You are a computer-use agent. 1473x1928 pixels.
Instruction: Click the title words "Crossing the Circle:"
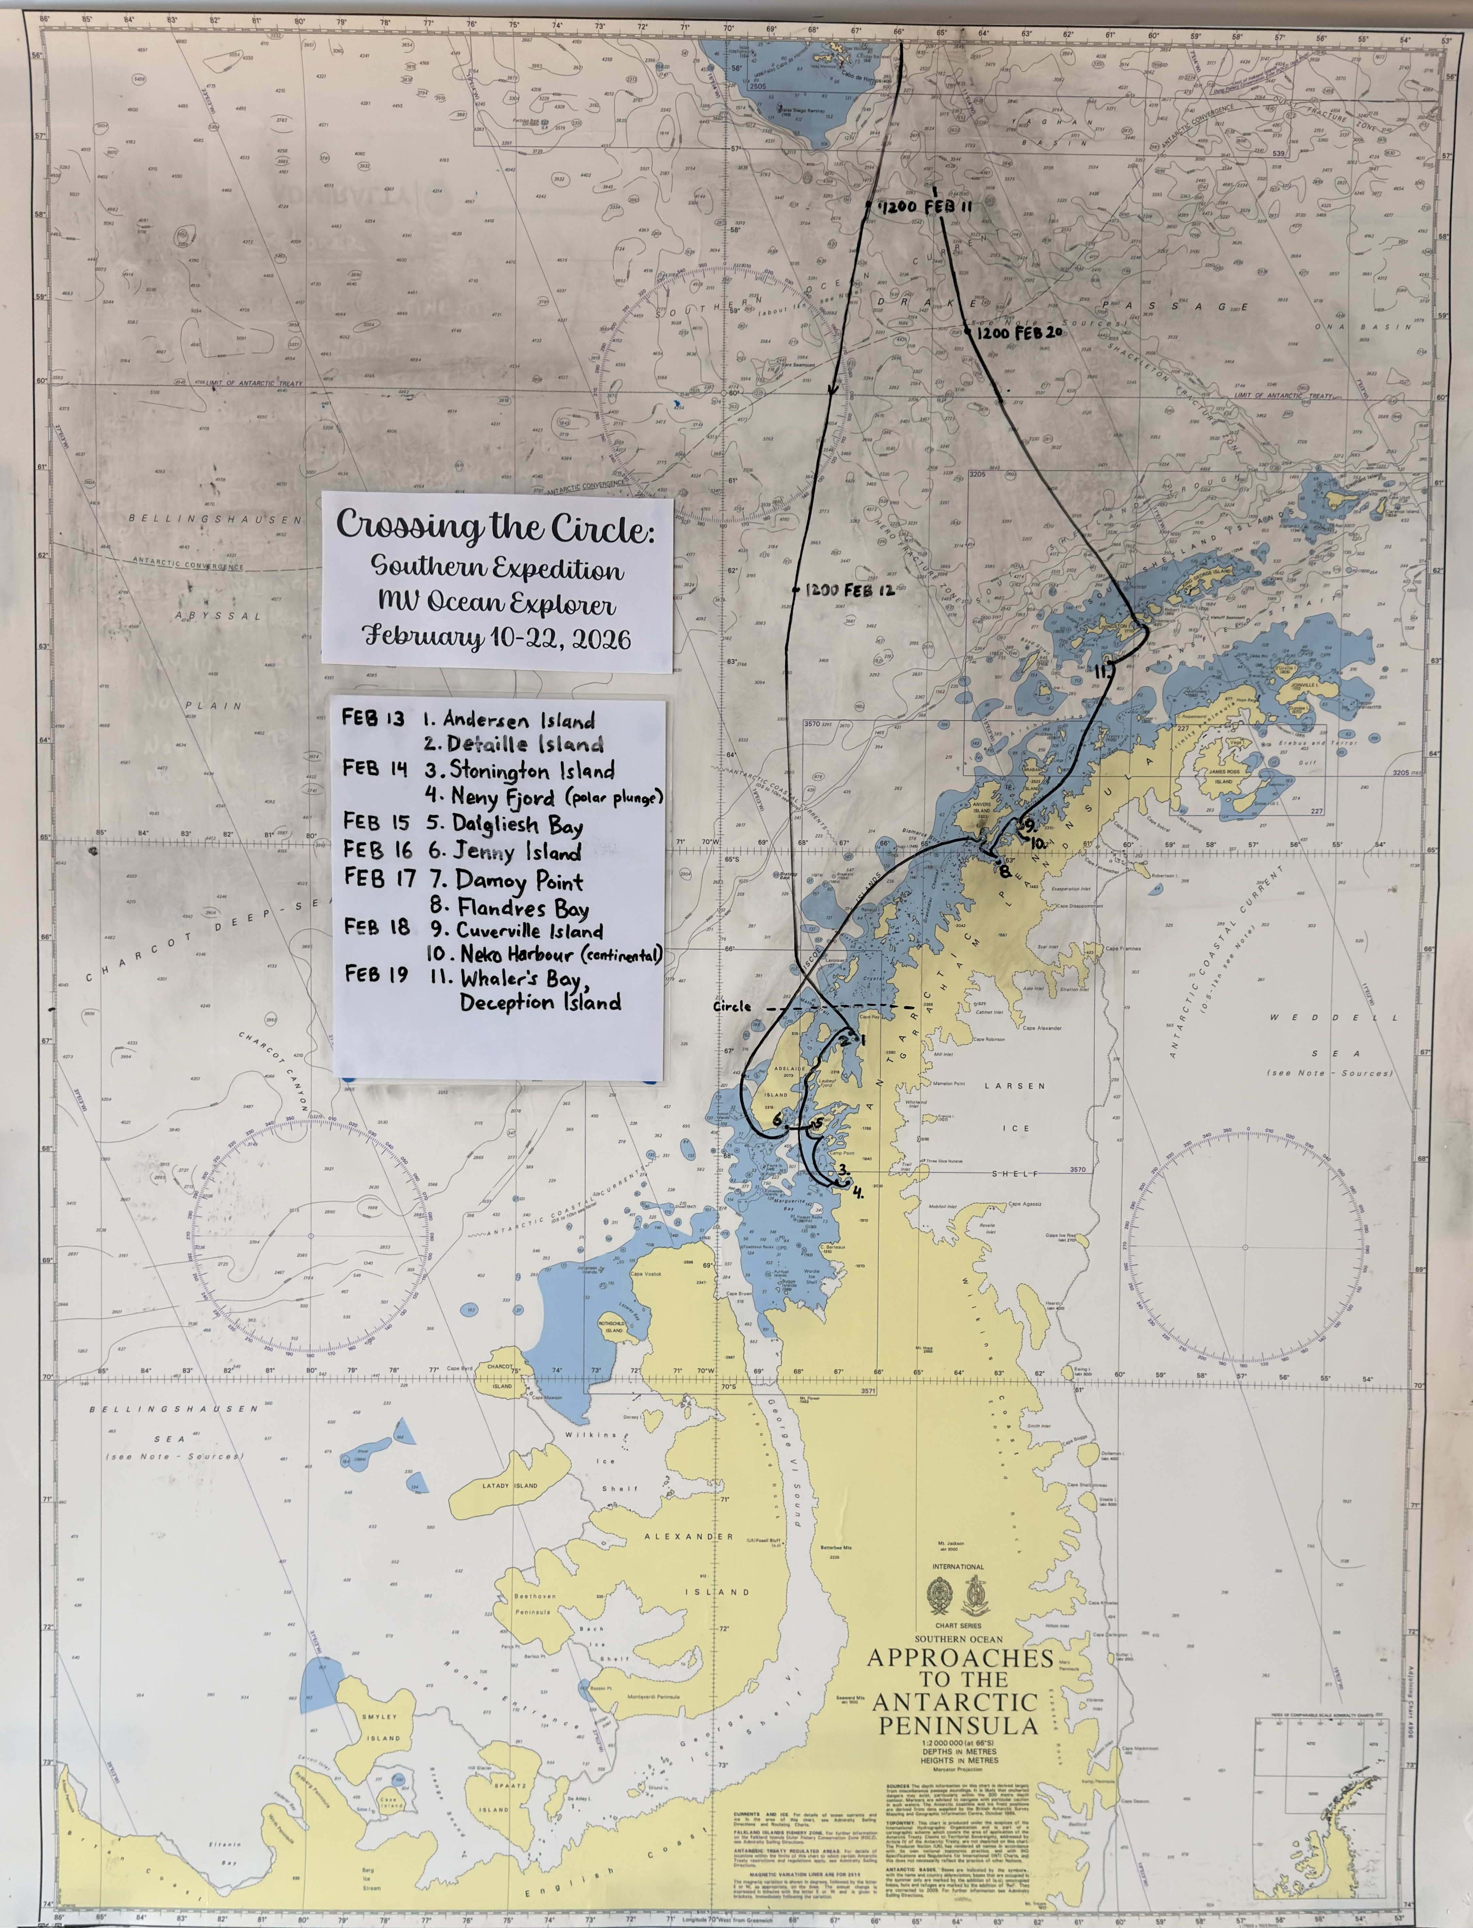pyautogui.click(x=495, y=526)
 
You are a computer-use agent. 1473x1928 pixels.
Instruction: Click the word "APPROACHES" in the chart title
pyautogui.click(x=960, y=1658)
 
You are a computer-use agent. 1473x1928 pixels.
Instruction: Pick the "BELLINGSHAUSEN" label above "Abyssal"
pyautogui.click(x=215, y=519)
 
